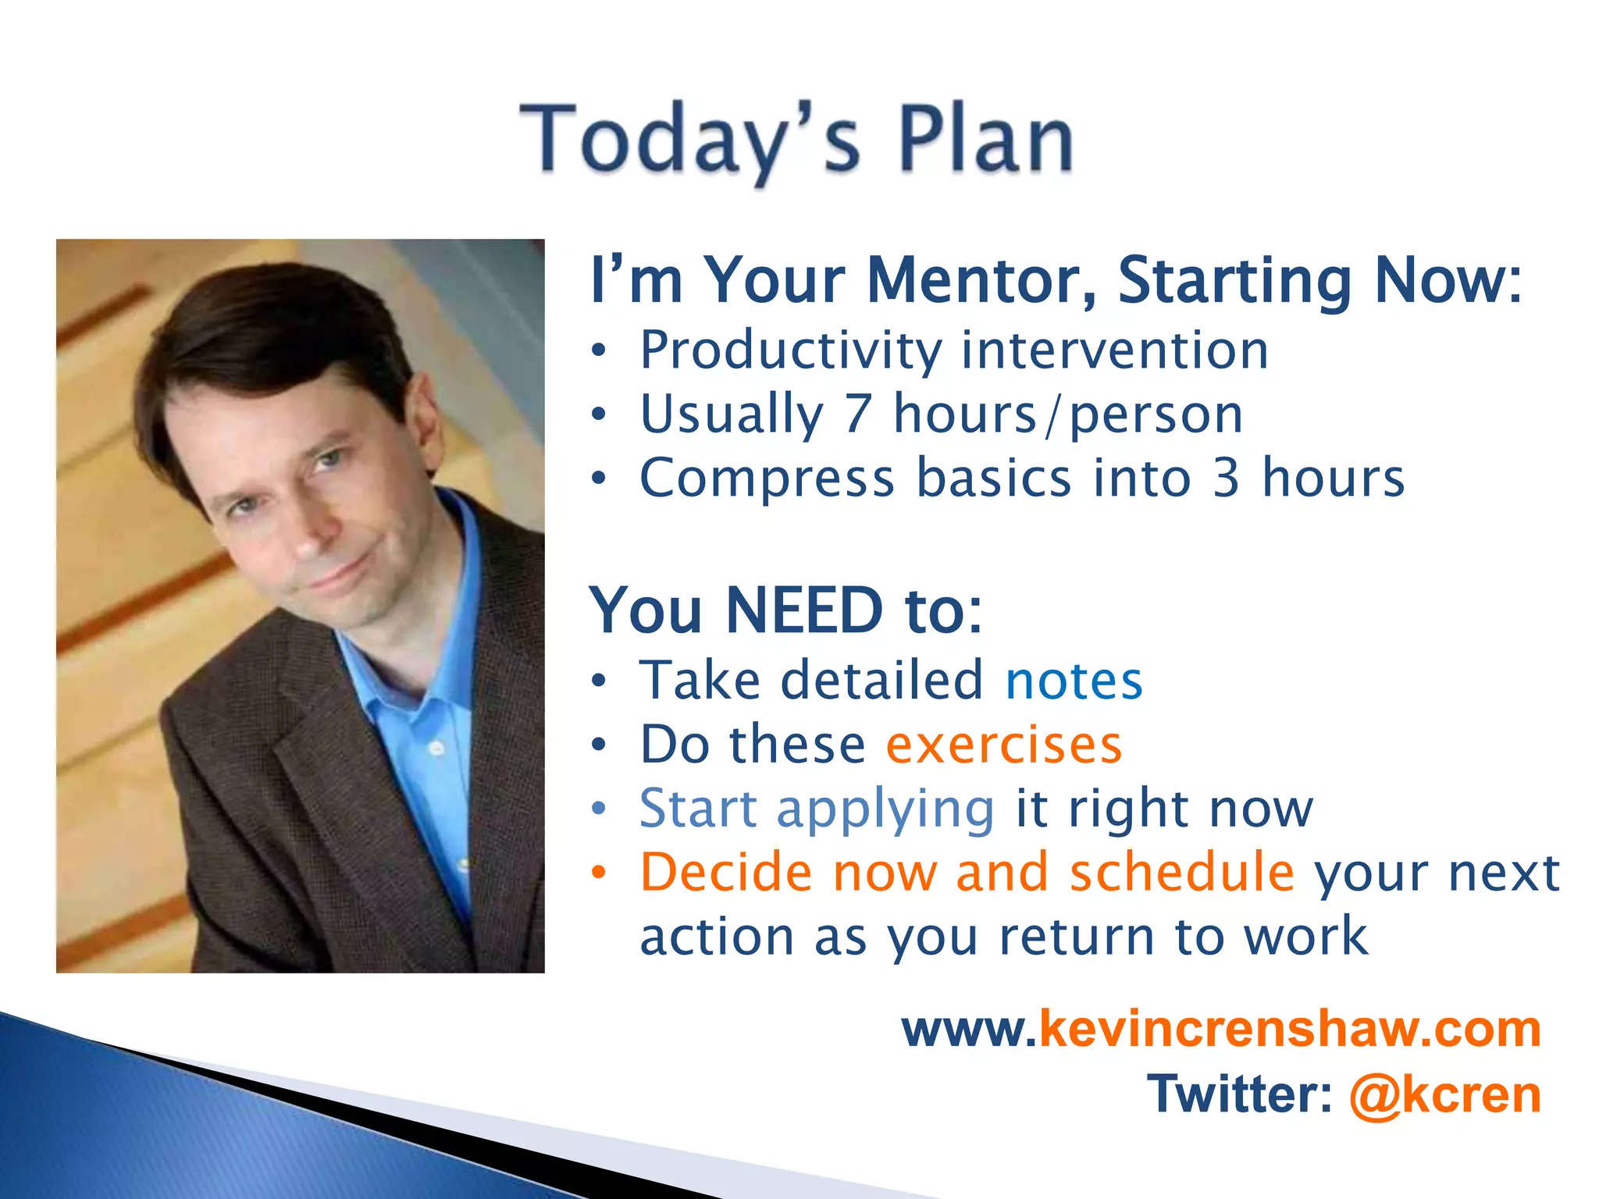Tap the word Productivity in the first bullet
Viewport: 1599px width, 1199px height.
click(790, 351)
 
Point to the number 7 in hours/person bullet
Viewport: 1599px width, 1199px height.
click(857, 414)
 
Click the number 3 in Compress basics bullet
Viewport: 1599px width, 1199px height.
click(1227, 478)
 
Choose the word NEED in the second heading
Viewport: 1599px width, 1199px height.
click(804, 610)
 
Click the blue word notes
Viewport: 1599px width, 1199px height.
click(1074, 681)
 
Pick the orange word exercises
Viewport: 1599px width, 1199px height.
click(1004, 745)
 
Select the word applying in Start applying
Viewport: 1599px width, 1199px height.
click(885, 809)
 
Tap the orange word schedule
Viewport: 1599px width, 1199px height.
click(1181, 872)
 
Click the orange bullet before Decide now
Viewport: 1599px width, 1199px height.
click(599, 872)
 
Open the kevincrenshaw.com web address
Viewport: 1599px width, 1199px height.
click(1221, 1030)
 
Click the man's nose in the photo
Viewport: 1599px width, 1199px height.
click(312, 531)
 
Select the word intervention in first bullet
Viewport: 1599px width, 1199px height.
click(1114, 350)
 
